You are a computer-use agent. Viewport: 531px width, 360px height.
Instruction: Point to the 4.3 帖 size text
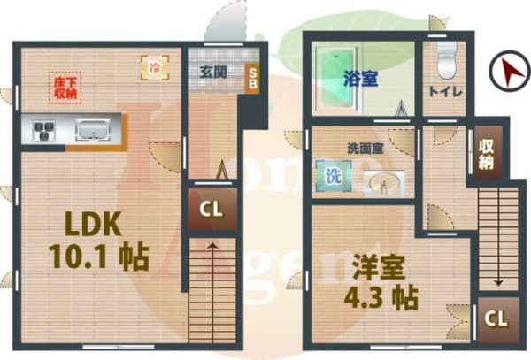click(380, 297)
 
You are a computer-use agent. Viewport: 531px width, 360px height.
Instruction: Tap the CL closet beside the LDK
click(212, 210)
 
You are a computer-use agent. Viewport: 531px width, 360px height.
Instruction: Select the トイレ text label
click(442, 90)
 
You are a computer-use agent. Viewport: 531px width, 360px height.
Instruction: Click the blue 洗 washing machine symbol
click(332, 174)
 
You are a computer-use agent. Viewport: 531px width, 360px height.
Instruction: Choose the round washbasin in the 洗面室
click(382, 183)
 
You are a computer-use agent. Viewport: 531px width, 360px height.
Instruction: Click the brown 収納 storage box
click(486, 154)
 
